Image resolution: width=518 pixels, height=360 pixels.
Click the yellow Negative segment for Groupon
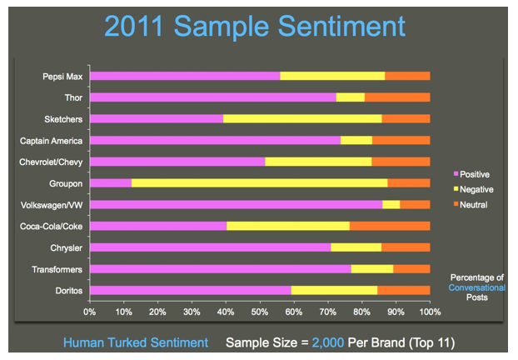click(x=259, y=182)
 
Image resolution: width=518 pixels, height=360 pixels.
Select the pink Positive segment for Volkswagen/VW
click(x=237, y=205)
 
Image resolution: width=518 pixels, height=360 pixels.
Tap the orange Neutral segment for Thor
click(x=397, y=97)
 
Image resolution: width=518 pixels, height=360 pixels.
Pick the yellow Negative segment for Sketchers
click(x=302, y=118)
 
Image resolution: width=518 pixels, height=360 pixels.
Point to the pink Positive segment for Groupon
click(x=111, y=182)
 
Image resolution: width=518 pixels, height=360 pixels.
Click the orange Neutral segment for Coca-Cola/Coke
click(x=390, y=226)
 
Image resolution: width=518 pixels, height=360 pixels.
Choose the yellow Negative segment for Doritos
click(x=334, y=290)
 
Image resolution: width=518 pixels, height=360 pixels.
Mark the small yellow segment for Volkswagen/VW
click(x=391, y=205)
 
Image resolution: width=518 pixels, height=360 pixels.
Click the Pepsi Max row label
click(x=62, y=77)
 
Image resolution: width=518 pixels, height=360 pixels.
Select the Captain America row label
click(x=51, y=141)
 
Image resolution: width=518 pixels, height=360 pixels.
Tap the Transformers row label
click(x=57, y=269)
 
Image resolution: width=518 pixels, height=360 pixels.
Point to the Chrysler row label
click(x=66, y=248)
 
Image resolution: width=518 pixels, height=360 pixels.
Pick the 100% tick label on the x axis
click(x=430, y=312)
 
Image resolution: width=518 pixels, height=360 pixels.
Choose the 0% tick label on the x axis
click(x=90, y=312)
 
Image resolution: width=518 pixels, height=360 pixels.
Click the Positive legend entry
click(x=471, y=174)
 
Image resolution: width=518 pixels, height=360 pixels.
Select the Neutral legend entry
click(x=471, y=205)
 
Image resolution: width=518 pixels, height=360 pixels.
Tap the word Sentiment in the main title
click(x=342, y=26)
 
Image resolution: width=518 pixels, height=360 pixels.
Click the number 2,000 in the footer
click(x=328, y=342)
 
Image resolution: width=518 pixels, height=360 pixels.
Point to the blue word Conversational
click(x=476, y=287)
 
